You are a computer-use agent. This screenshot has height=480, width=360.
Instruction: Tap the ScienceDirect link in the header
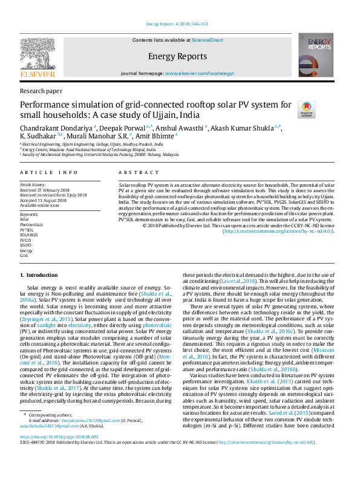coord(208,40)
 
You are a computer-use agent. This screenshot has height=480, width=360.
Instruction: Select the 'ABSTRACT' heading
coord(134,172)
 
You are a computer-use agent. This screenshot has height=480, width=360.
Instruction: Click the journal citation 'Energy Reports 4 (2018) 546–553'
coord(180,25)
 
